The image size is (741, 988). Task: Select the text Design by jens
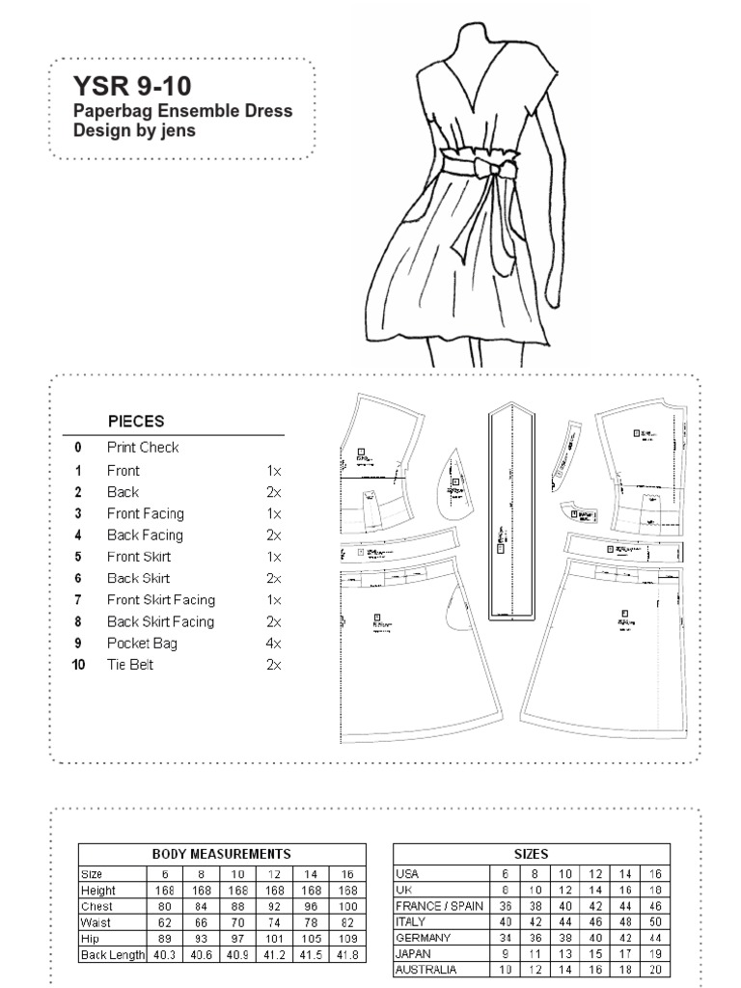click(x=135, y=130)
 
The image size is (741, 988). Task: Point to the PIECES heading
click(x=136, y=421)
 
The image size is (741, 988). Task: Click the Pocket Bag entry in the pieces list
click(x=142, y=643)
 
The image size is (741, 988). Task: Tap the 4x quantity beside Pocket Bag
click(x=273, y=643)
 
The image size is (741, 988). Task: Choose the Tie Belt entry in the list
click(x=130, y=665)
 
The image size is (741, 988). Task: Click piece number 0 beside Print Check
click(x=78, y=448)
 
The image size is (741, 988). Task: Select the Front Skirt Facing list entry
click(x=161, y=600)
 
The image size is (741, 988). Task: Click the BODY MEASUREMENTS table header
click(x=222, y=854)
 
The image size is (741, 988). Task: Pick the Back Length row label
click(x=112, y=955)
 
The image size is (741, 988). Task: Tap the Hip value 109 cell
click(x=348, y=939)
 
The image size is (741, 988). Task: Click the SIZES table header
click(x=532, y=854)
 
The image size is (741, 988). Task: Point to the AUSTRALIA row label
click(x=427, y=970)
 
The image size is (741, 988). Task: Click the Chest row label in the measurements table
click(x=97, y=907)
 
